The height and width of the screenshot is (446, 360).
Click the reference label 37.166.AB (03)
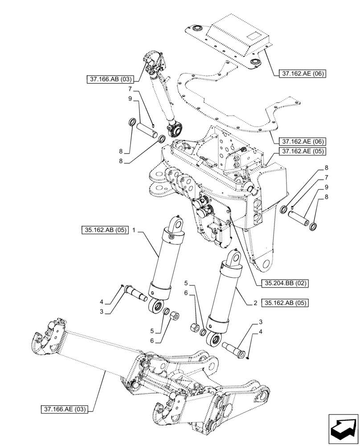(x=110, y=79)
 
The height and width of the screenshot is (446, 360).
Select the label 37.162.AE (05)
(x=303, y=151)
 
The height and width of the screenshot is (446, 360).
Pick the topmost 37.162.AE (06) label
(x=303, y=73)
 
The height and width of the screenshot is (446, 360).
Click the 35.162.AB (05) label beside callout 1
(x=105, y=231)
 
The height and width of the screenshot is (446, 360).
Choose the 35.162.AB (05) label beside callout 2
(x=285, y=303)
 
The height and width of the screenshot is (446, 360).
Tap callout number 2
(x=255, y=303)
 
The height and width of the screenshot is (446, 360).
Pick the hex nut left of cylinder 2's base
(x=195, y=328)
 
